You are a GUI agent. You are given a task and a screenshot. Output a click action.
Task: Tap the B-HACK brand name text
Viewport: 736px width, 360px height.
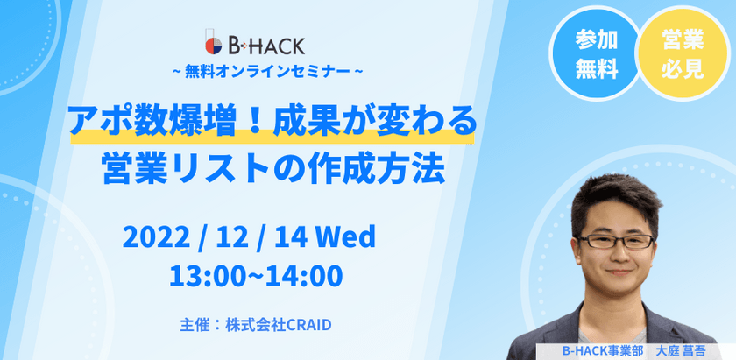(265, 44)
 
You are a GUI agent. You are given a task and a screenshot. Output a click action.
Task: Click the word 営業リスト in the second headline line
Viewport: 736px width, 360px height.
(166, 166)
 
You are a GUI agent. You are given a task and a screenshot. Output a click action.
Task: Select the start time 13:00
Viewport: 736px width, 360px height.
(207, 275)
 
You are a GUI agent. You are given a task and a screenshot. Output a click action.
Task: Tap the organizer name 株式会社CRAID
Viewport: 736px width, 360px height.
(285, 324)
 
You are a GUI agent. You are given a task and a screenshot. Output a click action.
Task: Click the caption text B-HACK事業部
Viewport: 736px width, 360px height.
(603, 350)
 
